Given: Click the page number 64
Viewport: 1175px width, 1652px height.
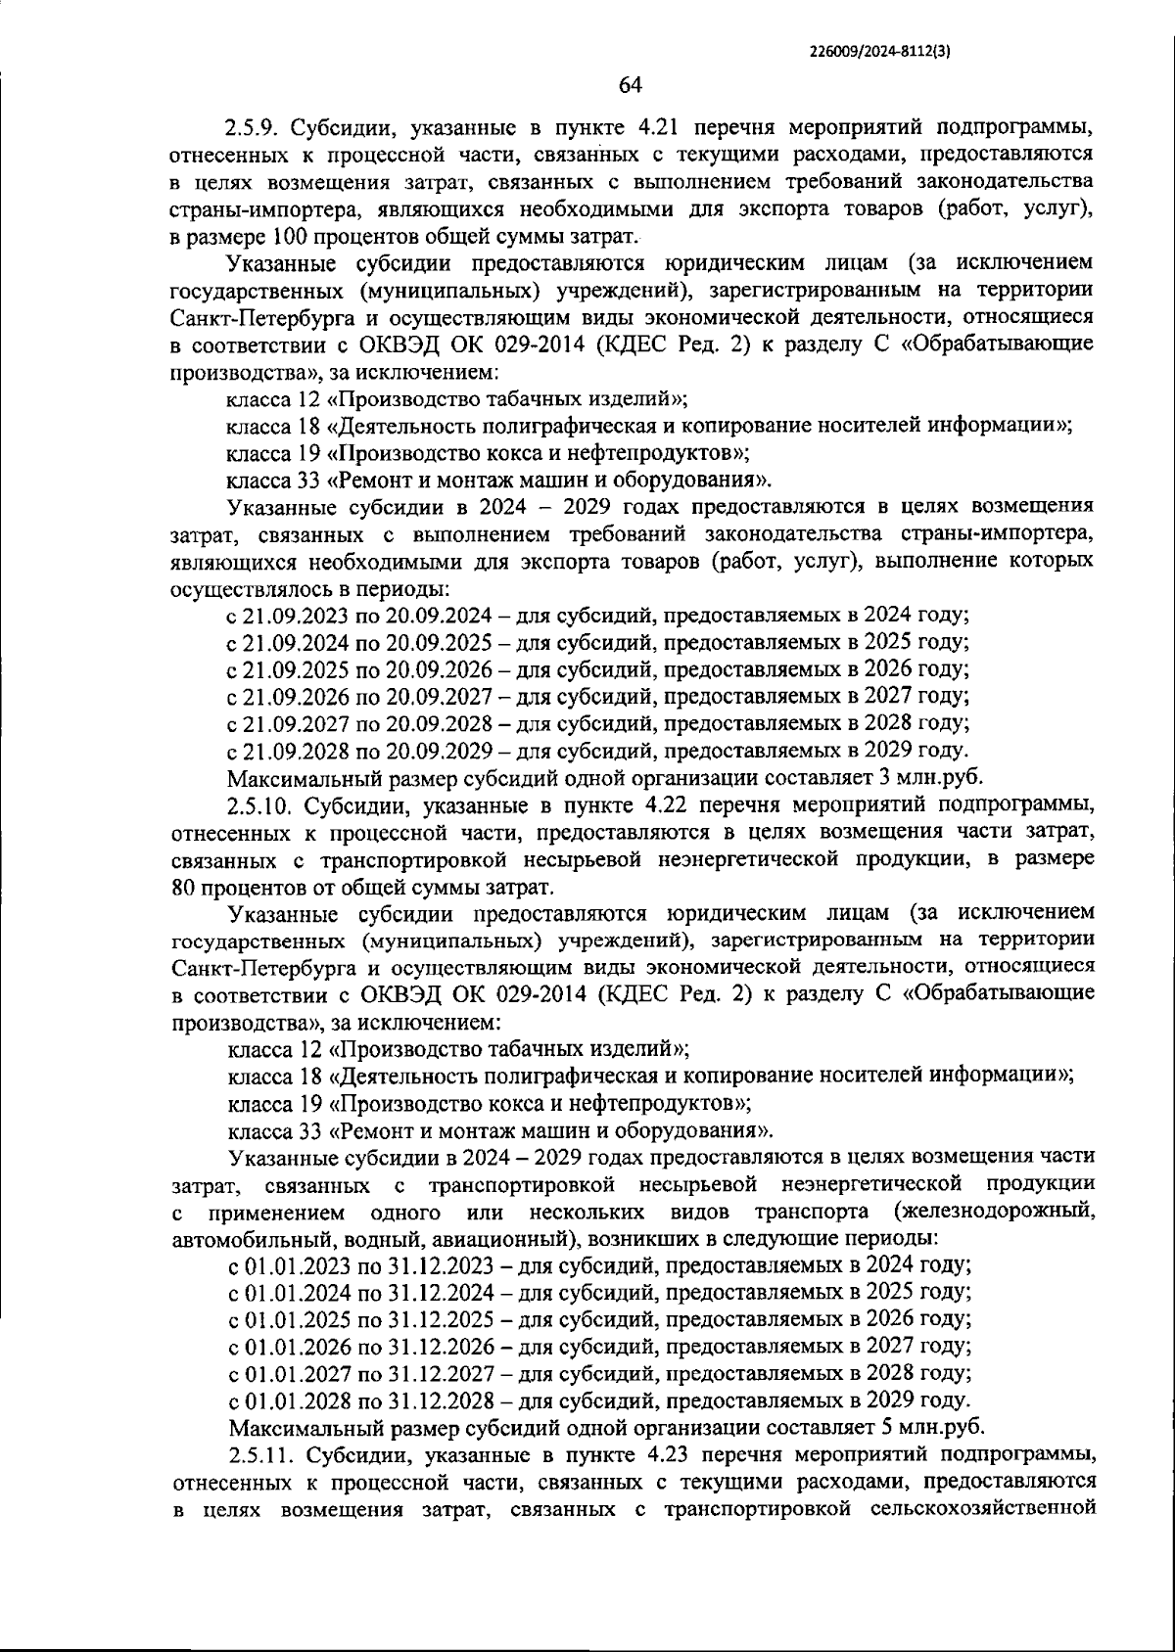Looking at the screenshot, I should (x=630, y=85).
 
